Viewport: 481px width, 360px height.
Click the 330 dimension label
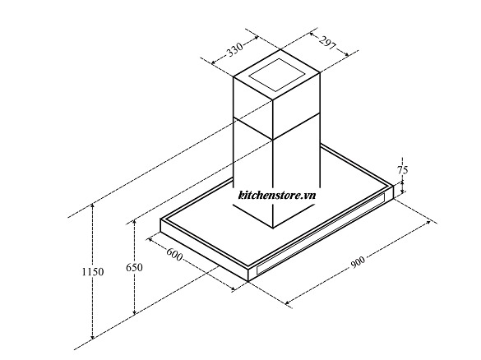tap(235, 49)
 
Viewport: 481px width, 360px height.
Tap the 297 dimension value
tap(327, 43)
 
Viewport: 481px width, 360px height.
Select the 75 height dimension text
tap(403, 170)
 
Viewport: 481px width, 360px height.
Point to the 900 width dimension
tap(358, 262)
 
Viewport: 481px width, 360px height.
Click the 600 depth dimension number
tap(174, 254)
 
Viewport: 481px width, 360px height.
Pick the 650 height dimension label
tap(134, 267)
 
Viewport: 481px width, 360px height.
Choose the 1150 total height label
tap(93, 272)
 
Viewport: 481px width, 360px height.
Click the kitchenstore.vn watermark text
tap(277, 195)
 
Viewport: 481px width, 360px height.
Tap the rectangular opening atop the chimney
tap(277, 75)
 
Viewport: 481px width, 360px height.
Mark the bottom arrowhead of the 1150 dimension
tap(93, 336)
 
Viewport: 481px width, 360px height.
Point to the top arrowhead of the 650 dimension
tap(134, 223)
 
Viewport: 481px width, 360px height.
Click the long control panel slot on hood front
tap(321, 233)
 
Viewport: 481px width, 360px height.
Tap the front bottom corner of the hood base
tap(247, 281)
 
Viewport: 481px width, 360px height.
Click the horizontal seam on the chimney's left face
tap(253, 128)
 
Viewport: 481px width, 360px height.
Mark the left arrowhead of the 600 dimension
tap(150, 240)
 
